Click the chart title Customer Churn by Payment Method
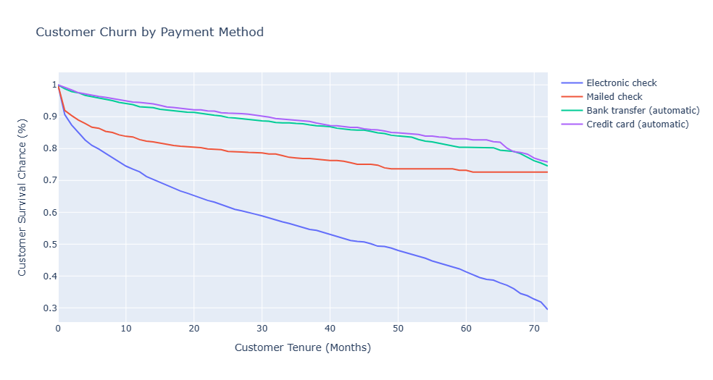(x=149, y=33)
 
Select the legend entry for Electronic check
(x=621, y=83)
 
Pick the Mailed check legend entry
(x=614, y=96)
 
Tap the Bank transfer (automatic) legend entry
(x=643, y=110)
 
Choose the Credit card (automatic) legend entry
(x=637, y=124)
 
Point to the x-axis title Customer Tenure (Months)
(x=302, y=347)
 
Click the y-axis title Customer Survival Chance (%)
(x=22, y=197)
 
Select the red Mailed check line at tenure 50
(x=398, y=169)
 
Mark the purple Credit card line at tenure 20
(x=194, y=109)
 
